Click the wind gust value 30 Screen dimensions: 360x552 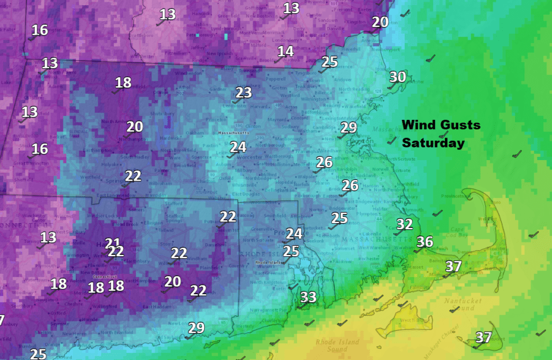(397, 77)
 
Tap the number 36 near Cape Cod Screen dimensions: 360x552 (424, 242)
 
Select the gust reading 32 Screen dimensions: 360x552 (405, 224)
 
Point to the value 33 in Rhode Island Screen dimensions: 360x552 (308, 298)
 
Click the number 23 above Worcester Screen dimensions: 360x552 (243, 93)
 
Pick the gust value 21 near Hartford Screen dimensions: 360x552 (113, 242)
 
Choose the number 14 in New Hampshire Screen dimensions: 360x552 (285, 51)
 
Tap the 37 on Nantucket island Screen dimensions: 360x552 (484, 337)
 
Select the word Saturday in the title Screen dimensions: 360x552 (433, 143)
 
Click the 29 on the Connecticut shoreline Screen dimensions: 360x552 (196, 328)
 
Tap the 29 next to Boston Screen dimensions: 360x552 (348, 128)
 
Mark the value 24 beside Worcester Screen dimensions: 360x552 (238, 147)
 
